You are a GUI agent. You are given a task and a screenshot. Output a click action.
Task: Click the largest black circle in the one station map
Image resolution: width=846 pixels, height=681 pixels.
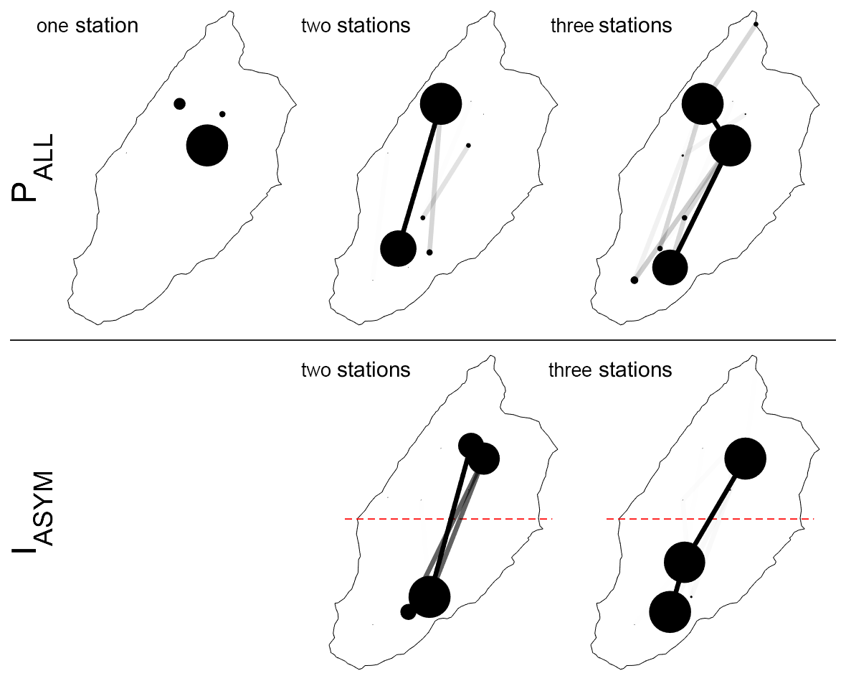[x=207, y=145]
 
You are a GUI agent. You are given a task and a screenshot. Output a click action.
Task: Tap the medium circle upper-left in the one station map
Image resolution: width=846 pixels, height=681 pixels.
[x=179, y=104]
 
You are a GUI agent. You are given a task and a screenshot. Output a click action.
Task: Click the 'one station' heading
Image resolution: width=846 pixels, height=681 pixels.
[x=87, y=27]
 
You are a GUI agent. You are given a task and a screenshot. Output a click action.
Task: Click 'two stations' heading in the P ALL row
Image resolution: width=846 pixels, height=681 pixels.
[x=356, y=27]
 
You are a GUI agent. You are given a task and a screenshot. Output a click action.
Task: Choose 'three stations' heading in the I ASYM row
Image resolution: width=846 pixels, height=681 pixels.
[x=610, y=370]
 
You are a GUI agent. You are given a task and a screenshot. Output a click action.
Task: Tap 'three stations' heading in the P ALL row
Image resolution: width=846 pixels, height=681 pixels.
[x=611, y=27]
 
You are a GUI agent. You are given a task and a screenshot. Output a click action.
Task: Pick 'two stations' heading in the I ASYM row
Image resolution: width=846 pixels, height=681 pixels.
[x=356, y=370]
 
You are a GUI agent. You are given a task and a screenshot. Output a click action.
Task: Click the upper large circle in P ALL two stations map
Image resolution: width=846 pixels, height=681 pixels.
[x=440, y=103]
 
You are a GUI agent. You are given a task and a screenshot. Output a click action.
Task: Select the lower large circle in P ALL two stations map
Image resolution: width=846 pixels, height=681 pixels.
[x=398, y=248]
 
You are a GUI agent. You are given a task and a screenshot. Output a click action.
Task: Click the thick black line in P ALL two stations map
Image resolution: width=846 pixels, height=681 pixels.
[x=419, y=176]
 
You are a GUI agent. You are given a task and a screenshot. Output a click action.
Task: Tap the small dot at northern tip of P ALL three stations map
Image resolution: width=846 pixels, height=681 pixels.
[x=756, y=24]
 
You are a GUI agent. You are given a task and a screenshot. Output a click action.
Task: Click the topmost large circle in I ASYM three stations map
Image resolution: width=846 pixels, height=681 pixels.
[x=746, y=458]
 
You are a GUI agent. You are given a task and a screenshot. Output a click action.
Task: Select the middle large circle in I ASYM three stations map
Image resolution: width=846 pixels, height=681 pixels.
[x=685, y=562]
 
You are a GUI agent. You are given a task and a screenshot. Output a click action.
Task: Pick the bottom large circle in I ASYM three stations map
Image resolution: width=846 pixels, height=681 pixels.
[x=670, y=611]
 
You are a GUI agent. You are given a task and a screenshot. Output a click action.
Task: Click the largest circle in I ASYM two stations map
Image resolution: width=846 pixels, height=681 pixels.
[x=429, y=596]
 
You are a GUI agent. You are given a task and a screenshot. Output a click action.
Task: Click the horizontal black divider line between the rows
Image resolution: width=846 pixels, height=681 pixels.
[x=423, y=339]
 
